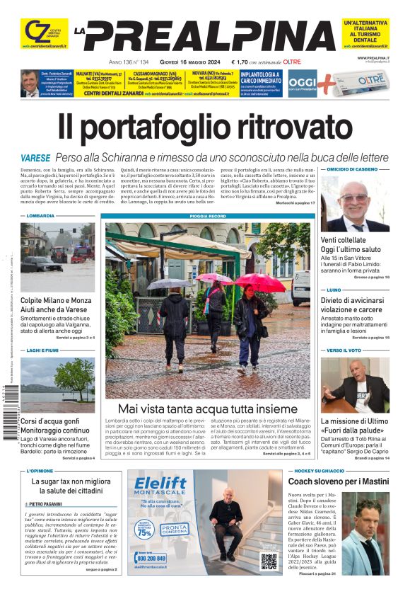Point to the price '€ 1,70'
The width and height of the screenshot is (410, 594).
click(240, 62)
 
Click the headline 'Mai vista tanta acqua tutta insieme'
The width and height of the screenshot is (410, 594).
click(207, 409)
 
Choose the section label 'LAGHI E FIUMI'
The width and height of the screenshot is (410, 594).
click(44, 350)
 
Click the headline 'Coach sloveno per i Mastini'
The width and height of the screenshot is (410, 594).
click(338, 481)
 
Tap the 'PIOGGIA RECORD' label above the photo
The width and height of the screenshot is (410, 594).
click(207, 216)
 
